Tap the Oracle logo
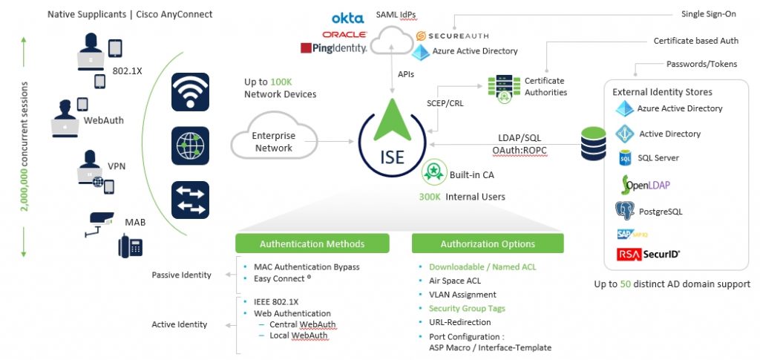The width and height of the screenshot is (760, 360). [x=344, y=34]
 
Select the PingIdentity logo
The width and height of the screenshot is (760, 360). [x=334, y=48]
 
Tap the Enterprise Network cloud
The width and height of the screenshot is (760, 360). [x=273, y=142]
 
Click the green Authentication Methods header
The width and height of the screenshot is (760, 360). [x=312, y=243]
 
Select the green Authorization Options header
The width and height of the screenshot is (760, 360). [x=488, y=243]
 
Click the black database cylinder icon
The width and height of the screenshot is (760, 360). [x=594, y=143]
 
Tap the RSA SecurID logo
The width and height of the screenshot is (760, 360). [x=648, y=255]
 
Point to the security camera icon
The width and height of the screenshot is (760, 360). [x=98, y=221]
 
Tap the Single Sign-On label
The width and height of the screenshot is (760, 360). [x=709, y=14]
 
